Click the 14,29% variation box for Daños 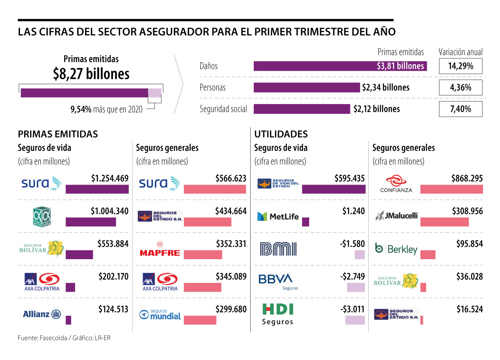click(460, 66)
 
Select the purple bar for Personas click(306, 87)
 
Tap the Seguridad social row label click(223, 109)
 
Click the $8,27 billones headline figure click(91, 74)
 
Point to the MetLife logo click(278, 217)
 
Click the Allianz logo click(42, 314)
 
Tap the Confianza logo click(396, 184)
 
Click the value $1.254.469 click(110, 179)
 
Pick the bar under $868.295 click(451, 189)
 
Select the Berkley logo click(396, 249)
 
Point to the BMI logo click(278, 249)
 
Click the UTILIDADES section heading click(281, 134)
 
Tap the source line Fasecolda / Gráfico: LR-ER click(64, 338)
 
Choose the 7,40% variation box click(460, 109)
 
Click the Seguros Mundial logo click(160, 315)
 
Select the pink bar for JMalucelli click(444, 222)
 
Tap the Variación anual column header click(460, 52)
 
